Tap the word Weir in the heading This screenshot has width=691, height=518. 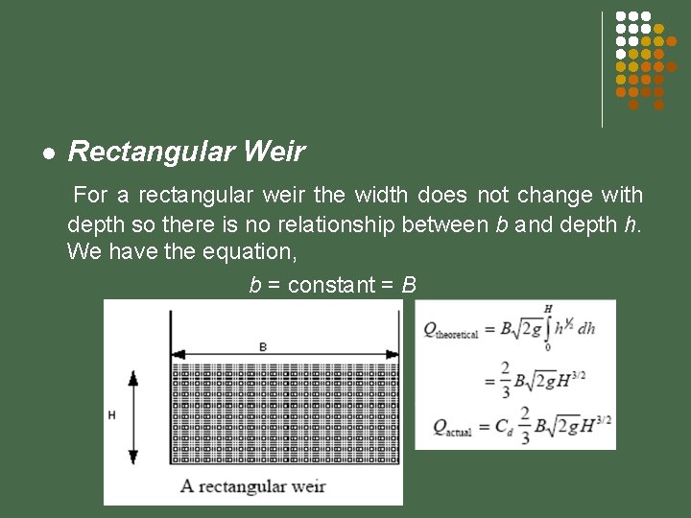tap(274, 152)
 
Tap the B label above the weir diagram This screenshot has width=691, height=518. tap(263, 346)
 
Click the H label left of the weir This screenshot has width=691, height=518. tap(112, 415)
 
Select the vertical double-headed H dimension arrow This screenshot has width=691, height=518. tap(132, 416)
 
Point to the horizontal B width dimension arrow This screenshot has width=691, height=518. tap(285, 355)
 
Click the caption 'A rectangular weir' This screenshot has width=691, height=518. tap(253, 485)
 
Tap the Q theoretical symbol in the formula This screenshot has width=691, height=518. tap(454, 329)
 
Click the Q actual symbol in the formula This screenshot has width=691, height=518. tap(452, 427)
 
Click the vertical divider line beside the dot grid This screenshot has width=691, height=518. tap(602, 69)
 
